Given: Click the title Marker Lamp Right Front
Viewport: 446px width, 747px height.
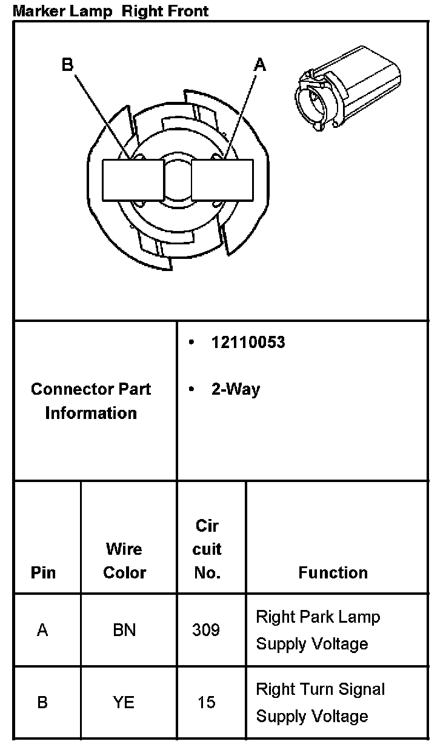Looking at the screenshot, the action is [x=111, y=10].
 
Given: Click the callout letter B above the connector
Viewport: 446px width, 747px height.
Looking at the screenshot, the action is [x=67, y=65].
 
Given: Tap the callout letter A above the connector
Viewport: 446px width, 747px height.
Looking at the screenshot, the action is [x=259, y=65].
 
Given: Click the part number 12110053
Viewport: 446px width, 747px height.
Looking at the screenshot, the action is [x=248, y=343].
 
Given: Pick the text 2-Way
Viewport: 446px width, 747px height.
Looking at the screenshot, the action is [x=235, y=389].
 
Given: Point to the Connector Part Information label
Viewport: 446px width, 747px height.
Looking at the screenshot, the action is [x=91, y=401].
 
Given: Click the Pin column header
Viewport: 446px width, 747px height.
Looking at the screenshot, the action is [x=43, y=572].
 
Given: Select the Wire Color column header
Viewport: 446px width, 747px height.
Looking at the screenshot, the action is [x=124, y=561].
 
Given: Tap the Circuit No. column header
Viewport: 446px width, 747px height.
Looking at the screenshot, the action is [x=207, y=549].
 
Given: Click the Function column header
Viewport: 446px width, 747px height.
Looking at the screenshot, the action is [x=333, y=572].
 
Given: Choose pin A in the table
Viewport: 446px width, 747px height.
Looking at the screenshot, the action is [x=42, y=630].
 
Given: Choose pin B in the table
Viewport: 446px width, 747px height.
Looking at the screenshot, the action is [x=42, y=703].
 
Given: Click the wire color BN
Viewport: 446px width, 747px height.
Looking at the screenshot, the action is [x=124, y=630].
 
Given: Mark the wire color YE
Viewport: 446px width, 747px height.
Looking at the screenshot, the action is [x=124, y=703].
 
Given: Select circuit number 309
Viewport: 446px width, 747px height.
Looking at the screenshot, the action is [x=206, y=630].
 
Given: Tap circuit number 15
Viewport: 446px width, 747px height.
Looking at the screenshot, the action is [x=206, y=703].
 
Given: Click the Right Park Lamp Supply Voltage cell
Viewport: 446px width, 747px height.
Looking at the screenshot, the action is [x=318, y=630].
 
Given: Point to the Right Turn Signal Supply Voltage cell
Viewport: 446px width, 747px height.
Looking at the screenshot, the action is [x=321, y=703].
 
